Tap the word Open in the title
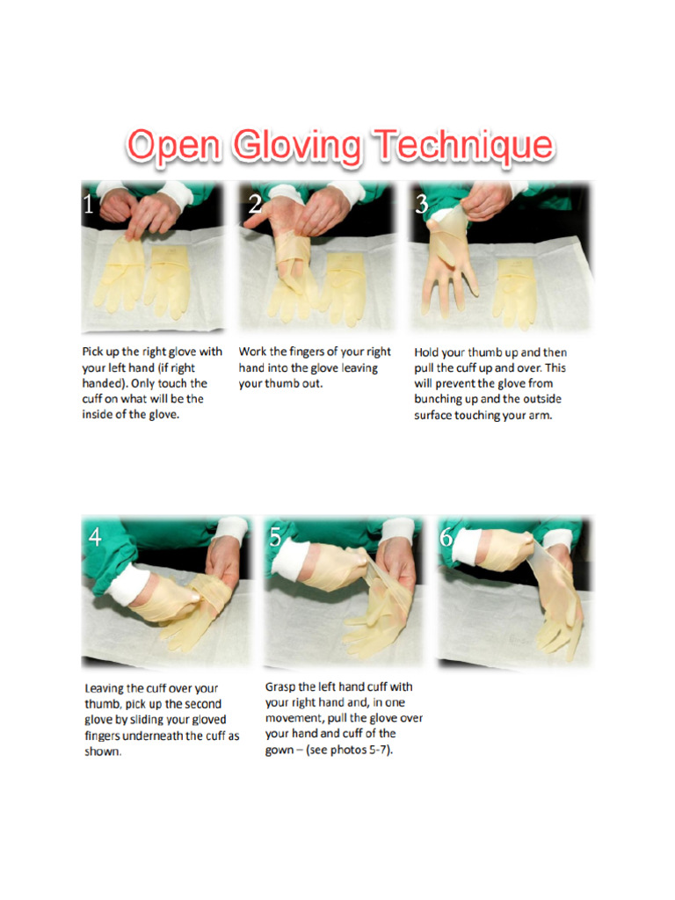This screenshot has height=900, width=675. coord(173,147)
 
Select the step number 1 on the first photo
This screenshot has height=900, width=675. coord(88,206)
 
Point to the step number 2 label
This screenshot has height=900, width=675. coord(255,206)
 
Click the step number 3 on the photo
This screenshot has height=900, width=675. coord(422,205)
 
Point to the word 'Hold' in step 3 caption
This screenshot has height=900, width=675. coord(429,352)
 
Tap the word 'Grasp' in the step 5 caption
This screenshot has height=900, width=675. coord(283,686)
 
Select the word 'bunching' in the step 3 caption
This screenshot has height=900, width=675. coord(440,399)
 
